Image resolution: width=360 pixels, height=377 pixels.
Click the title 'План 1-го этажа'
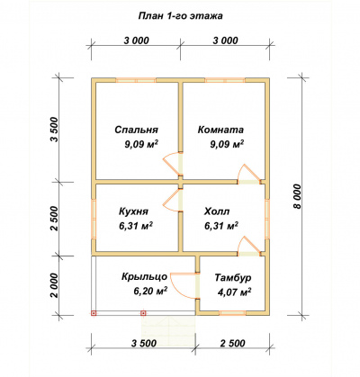180,16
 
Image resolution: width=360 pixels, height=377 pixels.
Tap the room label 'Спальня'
136,130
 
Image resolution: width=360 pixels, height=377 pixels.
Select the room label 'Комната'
220,130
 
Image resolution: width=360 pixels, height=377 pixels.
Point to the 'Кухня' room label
133,211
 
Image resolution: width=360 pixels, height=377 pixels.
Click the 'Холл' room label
217,211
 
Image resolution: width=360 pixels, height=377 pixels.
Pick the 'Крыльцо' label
144,276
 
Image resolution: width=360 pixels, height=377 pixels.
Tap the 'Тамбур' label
233,278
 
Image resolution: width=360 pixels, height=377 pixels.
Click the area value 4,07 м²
234,292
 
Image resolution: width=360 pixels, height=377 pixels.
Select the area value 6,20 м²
150,291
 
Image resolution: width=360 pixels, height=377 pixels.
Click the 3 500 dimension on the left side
56,130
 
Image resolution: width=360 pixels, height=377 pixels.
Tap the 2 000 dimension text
55,285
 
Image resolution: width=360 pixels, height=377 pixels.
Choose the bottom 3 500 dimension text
144,343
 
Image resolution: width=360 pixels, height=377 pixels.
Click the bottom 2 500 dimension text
233,343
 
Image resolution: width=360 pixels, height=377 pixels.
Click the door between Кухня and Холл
174,201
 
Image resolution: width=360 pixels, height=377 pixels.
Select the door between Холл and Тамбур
248,247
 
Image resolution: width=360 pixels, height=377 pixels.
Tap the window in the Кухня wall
94,219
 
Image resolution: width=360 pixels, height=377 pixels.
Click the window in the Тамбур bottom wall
232,312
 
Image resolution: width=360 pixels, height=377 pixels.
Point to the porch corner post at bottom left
94,313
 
